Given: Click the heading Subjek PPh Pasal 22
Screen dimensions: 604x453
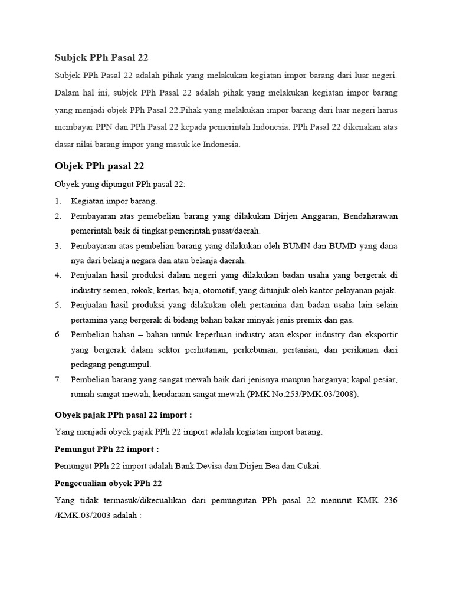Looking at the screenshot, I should [101, 58].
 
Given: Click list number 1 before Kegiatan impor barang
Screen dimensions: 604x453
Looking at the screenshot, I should [58, 201].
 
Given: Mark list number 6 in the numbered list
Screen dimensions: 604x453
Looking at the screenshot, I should [58, 334].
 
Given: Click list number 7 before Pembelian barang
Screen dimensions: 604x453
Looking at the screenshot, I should [58, 379].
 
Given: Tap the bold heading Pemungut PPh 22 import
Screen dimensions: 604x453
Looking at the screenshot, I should [107, 449].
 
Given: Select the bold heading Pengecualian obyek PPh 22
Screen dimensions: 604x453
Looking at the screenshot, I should [108, 484].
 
